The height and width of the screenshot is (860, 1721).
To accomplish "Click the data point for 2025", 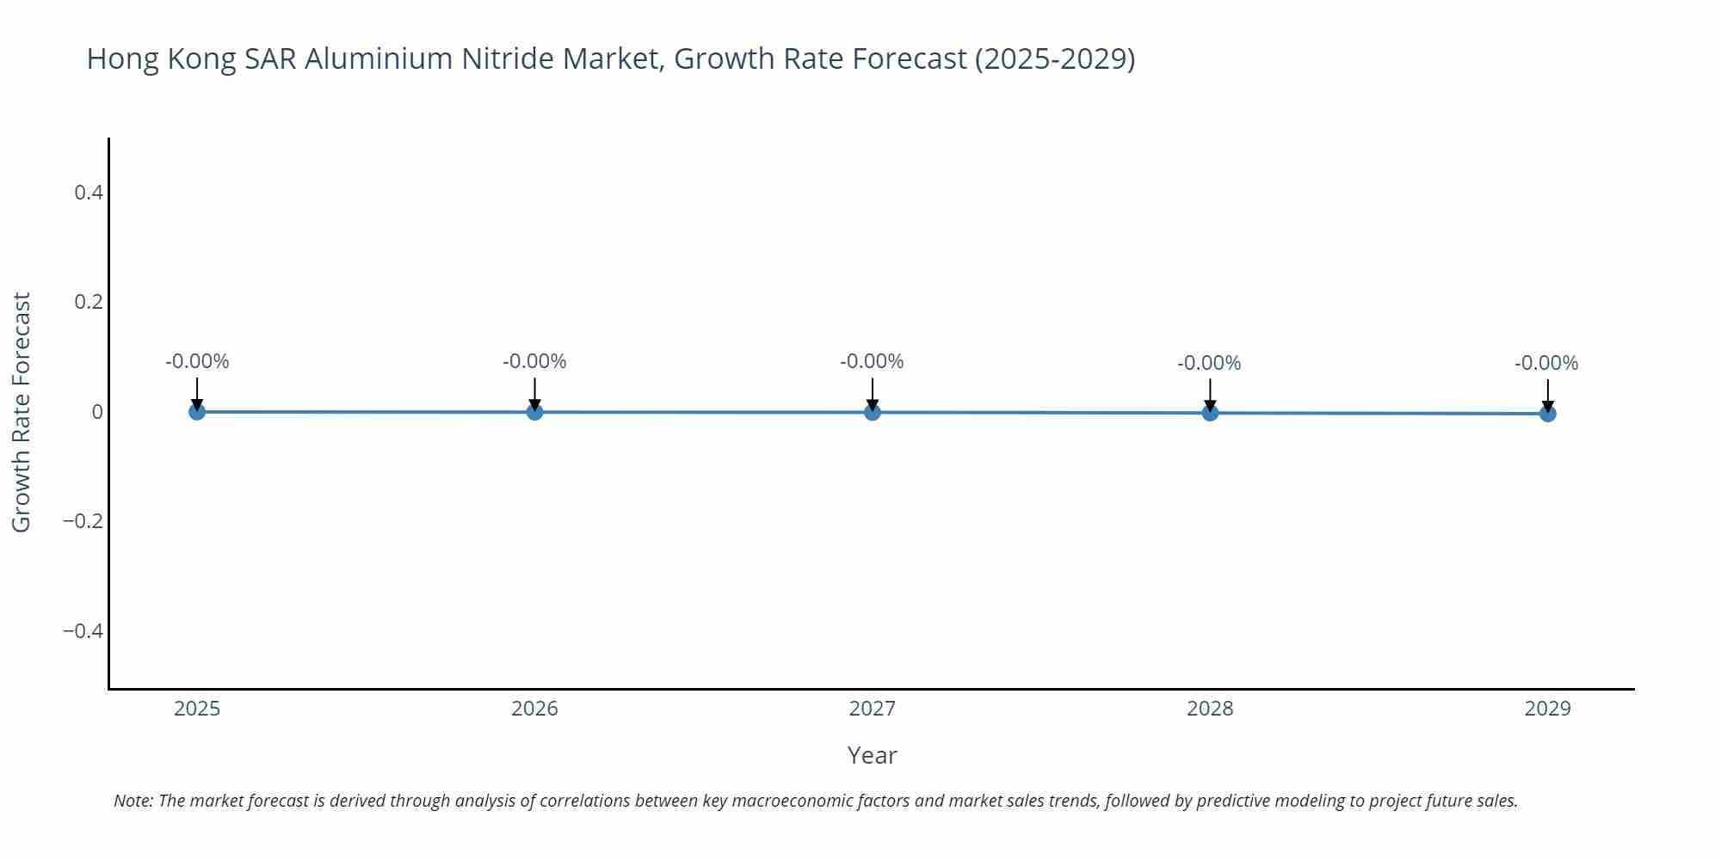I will coord(197,411).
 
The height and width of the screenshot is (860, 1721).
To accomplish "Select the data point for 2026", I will coord(534,412).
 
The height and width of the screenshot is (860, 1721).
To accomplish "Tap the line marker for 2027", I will coord(873,412).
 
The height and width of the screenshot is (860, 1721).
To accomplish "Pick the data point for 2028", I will coord(1210,413).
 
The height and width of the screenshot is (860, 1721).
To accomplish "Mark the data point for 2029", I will coord(1547,414).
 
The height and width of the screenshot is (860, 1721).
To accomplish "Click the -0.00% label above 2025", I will coord(197,361).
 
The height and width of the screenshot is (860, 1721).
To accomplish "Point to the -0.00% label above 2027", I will coord(872,361).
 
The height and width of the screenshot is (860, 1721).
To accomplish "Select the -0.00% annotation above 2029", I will coord(1546,363).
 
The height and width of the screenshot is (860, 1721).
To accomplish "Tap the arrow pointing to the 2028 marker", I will coord(1210,395).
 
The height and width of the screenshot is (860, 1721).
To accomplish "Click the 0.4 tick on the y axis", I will coord(89,193).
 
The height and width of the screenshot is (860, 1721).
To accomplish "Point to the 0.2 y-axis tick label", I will coord(89,302).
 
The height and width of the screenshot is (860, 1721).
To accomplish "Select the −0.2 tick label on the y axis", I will coord(83,521).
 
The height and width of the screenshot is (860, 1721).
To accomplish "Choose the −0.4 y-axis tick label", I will coord(83,631).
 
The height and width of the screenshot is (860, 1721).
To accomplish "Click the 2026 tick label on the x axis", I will coord(534,709).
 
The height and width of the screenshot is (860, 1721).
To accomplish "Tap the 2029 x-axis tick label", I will coord(1547,709).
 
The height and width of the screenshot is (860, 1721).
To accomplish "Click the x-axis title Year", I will coord(872,755).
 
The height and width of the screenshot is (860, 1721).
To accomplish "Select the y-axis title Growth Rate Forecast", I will coord(22,412).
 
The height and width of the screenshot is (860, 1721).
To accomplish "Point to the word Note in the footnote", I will coord(133,801).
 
